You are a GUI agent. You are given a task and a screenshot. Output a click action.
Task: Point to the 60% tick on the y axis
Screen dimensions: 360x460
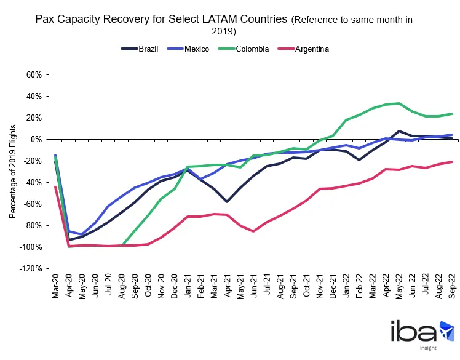click(33, 75)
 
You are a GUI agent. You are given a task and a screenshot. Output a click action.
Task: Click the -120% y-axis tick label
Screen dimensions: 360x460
click(30, 269)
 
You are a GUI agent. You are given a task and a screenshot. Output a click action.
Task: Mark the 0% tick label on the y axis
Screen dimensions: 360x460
click(36, 140)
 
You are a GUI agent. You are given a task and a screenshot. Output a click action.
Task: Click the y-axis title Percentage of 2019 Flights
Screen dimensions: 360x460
click(12, 172)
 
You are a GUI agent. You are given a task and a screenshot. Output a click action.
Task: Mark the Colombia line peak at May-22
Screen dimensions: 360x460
click(399, 103)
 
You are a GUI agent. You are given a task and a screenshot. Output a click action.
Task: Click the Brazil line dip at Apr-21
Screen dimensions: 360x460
click(228, 201)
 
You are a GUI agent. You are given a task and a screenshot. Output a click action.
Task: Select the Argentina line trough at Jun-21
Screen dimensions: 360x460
click(254, 231)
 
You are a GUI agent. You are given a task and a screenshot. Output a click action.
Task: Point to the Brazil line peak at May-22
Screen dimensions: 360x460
click(399, 131)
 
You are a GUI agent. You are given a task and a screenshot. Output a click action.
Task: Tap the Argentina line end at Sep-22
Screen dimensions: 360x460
click(452, 162)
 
